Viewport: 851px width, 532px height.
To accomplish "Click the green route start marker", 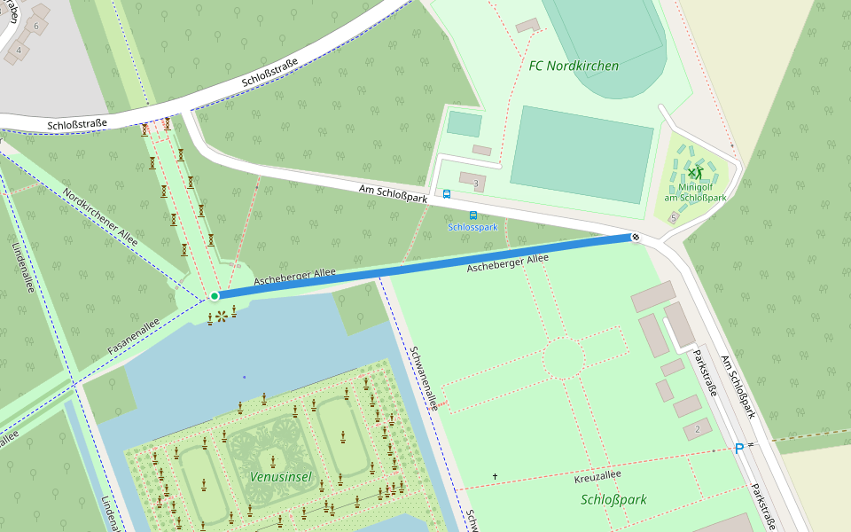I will pyautogui.click(x=215, y=295).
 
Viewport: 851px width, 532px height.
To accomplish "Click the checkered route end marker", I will pyautogui.click(x=636, y=237).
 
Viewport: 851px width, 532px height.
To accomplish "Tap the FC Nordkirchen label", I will pyautogui.click(x=574, y=66).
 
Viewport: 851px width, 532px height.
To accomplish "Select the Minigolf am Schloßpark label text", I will pyautogui.click(x=695, y=192).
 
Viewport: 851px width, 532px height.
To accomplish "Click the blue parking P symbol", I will pyautogui.click(x=739, y=449).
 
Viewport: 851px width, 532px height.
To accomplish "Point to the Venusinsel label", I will pyautogui.click(x=280, y=478).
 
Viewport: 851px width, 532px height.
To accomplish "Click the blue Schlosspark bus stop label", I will pyautogui.click(x=472, y=227).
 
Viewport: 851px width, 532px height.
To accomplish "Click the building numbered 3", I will pyautogui.click(x=472, y=182).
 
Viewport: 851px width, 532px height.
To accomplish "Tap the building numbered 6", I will pyautogui.click(x=37, y=26).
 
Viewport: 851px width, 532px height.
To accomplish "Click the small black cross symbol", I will pyautogui.click(x=495, y=477).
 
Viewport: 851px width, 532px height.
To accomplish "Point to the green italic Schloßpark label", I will pyautogui.click(x=613, y=499).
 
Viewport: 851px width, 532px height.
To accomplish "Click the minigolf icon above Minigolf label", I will pyautogui.click(x=695, y=172).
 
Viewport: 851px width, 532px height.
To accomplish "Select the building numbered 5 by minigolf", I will pyautogui.click(x=674, y=217).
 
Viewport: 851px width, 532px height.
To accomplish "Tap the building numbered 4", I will pyautogui.click(x=18, y=51).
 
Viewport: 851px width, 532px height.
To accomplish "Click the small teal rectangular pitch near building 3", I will pyautogui.click(x=465, y=123).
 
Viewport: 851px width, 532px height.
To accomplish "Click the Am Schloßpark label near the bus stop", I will pyautogui.click(x=393, y=193).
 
